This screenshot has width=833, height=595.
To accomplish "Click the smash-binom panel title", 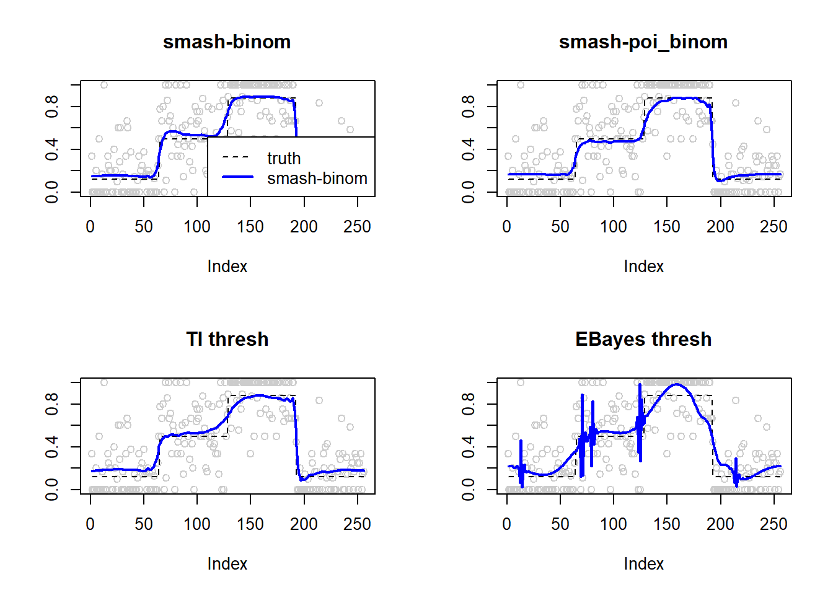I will pyautogui.click(x=227, y=42).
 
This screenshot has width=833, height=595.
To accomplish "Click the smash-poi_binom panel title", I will pyautogui.click(x=643, y=42).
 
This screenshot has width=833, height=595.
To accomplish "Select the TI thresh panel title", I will pyautogui.click(x=227, y=340).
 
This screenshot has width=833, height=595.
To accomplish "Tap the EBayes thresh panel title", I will pyautogui.click(x=643, y=340).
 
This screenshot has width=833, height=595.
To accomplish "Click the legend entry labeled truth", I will pyautogui.click(x=284, y=159).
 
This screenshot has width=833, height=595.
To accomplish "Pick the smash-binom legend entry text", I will pyautogui.click(x=317, y=178).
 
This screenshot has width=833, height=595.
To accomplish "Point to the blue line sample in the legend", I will pyautogui.click(x=237, y=177).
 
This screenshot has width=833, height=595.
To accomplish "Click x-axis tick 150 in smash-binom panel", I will pyautogui.click(x=250, y=227).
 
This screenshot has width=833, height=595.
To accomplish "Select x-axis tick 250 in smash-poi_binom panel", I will pyautogui.click(x=773, y=227).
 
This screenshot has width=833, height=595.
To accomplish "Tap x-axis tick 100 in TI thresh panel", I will pyautogui.click(x=197, y=524).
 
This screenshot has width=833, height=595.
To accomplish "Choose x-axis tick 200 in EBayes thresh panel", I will pyautogui.click(x=720, y=524).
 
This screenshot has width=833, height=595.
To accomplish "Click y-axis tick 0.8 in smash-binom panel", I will pyautogui.click(x=52, y=107).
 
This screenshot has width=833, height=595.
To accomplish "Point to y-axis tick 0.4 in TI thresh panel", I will pyautogui.click(x=52, y=447).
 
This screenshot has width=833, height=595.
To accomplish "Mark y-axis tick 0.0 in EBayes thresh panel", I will pyautogui.click(x=469, y=490).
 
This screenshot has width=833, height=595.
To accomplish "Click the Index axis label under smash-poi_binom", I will pyautogui.click(x=643, y=267).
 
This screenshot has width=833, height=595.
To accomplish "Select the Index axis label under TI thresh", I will pyautogui.click(x=227, y=564).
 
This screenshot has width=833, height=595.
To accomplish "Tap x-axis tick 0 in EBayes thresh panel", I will pyautogui.click(x=507, y=524).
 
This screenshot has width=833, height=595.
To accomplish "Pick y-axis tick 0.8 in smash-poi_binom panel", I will pyautogui.click(x=469, y=107).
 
